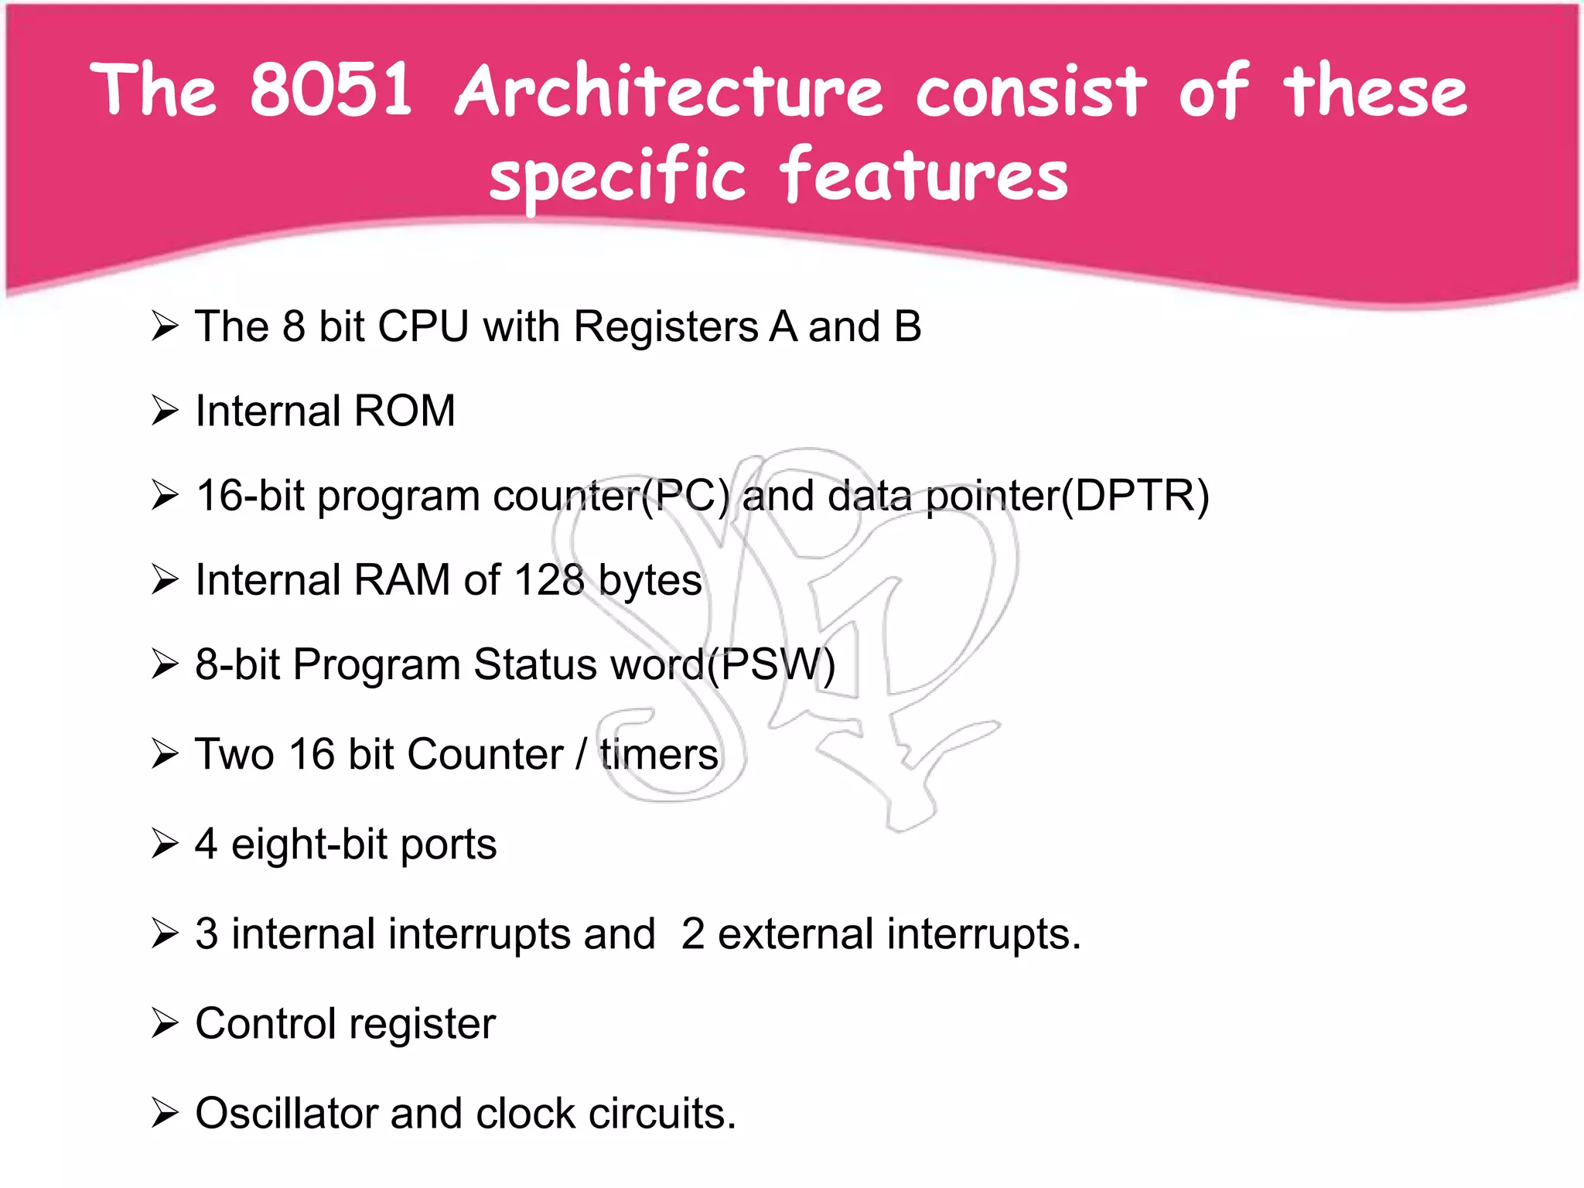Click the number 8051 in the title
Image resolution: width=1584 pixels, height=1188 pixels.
point(331,90)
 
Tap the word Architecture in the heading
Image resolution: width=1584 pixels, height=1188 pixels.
point(669,91)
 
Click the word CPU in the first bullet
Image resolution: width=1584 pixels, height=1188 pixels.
point(423,326)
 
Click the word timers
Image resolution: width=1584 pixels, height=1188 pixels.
point(659,754)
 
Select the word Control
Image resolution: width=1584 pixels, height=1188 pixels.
point(265,1024)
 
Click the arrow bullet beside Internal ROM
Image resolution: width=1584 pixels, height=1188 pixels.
point(165,411)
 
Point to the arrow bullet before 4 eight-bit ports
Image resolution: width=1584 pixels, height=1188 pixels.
point(165,844)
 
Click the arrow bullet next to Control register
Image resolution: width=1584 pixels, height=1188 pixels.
point(165,1023)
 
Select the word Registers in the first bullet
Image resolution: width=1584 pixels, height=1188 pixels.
point(665,326)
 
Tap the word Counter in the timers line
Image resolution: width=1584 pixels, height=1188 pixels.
point(485,754)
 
